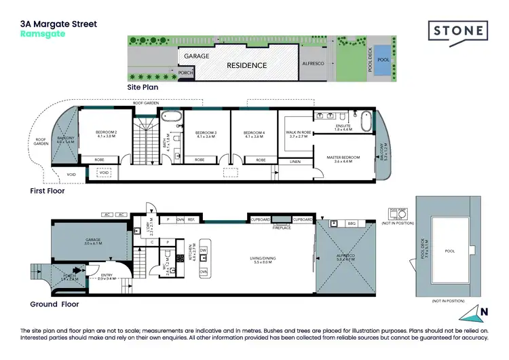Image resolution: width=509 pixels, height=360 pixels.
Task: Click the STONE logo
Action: [x=458, y=31]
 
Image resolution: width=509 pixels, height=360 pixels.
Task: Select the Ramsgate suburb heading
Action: [x=43, y=34]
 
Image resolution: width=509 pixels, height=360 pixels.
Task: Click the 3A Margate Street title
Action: [x=58, y=24]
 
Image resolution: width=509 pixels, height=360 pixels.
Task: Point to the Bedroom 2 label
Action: [x=107, y=134]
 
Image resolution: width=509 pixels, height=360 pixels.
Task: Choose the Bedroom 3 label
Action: [x=206, y=134]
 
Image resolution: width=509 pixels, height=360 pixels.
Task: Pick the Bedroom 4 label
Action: [x=253, y=134]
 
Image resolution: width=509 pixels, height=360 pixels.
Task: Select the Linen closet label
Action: [x=294, y=161]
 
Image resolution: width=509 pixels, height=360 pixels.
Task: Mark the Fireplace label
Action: [x=282, y=228]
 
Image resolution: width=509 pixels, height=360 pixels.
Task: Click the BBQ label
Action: [x=351, y=223]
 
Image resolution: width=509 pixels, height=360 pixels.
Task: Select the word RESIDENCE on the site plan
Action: [x=247, y=66]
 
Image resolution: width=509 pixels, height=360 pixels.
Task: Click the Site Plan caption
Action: [x=143, y=88]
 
